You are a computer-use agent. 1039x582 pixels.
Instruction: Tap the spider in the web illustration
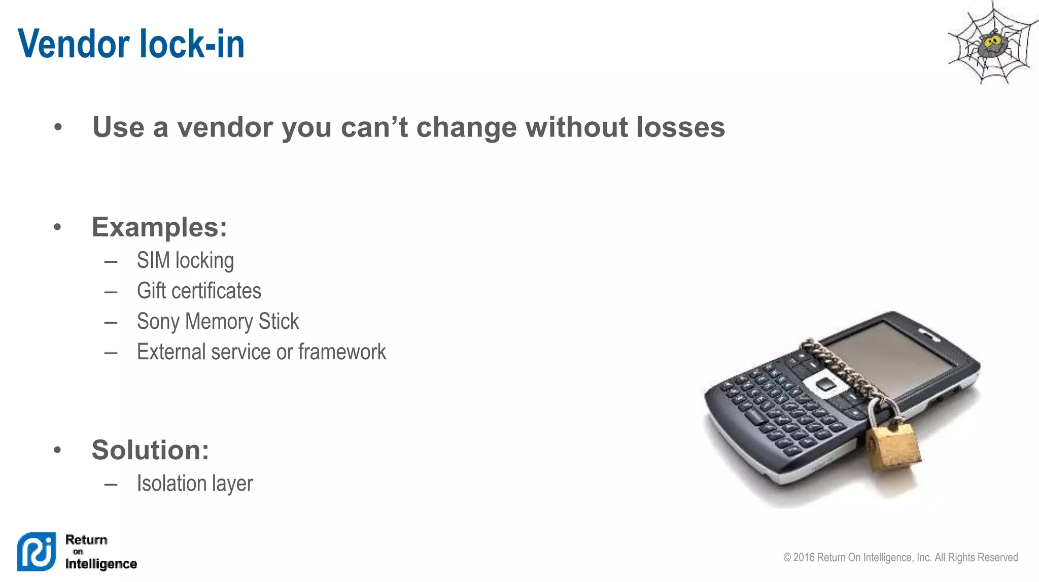click(x=991, y=44)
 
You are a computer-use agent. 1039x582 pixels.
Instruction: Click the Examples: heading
click(x=159, y=227)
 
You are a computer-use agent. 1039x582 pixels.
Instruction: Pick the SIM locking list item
click(x=185, y=261)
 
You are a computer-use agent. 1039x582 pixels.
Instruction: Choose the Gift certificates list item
click(x=199, y=291)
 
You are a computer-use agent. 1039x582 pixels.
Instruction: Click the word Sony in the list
click(x=158, y=322)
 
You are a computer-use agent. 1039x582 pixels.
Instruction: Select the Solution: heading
click(x=150, y=450)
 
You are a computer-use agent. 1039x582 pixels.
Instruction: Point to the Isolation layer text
click(x=195, y=484)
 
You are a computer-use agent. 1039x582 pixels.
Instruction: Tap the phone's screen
click(x=898, y=361)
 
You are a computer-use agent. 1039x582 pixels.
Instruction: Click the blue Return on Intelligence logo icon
click(x=37, y=552)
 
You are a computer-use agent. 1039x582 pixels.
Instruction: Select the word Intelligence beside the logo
click(x=101, y=564)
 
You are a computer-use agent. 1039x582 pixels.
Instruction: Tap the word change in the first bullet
click(x=467, y=127)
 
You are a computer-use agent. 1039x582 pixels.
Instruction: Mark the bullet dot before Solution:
click(x=57, y=450)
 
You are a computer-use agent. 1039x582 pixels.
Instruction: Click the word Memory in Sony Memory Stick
click(x=219, y=322)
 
